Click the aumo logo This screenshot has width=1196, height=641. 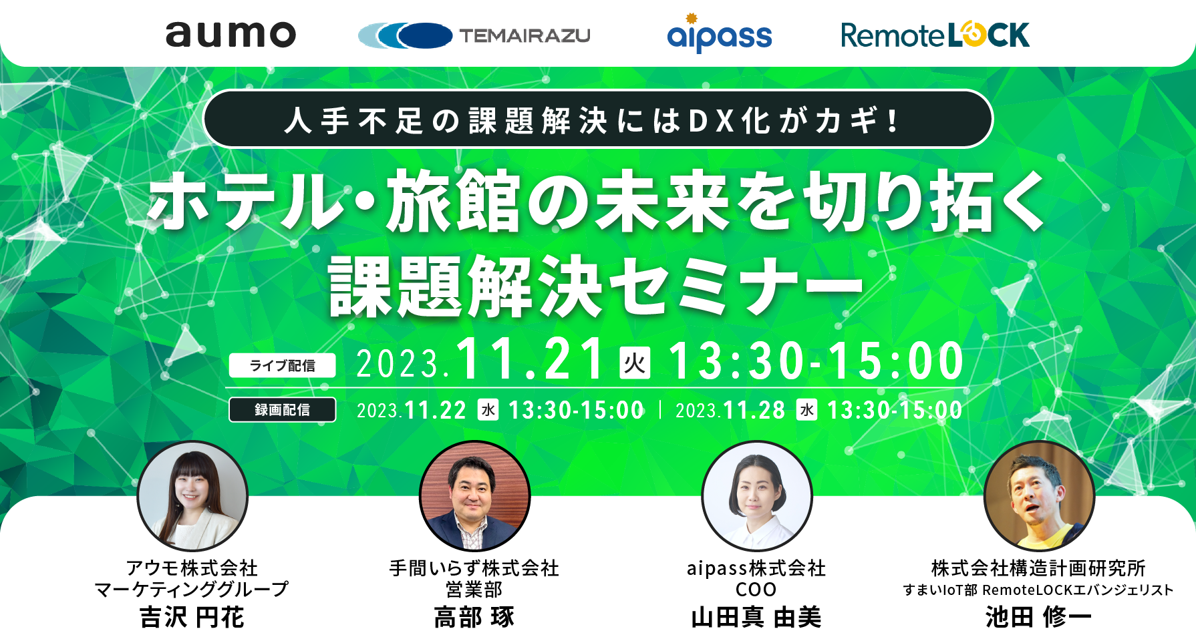231,35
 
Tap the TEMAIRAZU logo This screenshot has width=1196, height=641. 474,35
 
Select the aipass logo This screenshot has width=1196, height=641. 719,33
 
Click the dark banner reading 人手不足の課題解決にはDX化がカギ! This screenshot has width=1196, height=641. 598,120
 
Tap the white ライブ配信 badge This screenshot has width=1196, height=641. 283,365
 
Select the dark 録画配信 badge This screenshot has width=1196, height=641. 283,409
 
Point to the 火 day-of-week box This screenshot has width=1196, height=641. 635,363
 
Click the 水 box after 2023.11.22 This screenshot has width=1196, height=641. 488,409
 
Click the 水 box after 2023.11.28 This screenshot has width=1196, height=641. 807,409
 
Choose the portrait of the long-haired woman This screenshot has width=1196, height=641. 192,496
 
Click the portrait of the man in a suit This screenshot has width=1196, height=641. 474,496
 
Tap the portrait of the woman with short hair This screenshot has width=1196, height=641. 757,496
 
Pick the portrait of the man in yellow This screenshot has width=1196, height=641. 1039,496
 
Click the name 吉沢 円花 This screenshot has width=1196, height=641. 192,617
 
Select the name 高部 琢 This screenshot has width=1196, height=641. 474,617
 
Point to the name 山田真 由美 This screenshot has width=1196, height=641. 756,617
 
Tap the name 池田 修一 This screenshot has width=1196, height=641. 1038,617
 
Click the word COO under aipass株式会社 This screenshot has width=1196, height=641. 756,590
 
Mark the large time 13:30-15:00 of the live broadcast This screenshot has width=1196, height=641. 816,361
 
